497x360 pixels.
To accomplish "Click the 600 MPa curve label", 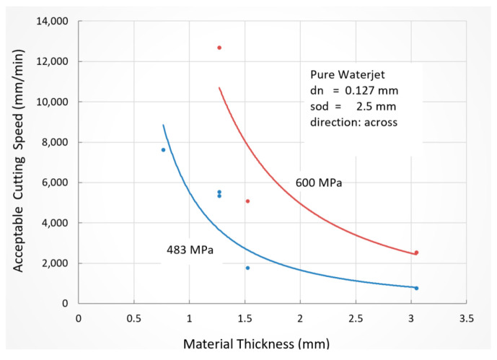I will (x=318, y=183).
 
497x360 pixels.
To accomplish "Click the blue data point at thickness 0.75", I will (x=163, y=150).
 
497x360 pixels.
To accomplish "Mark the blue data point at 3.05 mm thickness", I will (x=416, y=288).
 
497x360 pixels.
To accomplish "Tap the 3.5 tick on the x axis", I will (x=466, y=317).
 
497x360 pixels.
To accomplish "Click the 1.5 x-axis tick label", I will (x=245, y=317).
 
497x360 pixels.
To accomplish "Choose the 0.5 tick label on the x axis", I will (x=133, y=317).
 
